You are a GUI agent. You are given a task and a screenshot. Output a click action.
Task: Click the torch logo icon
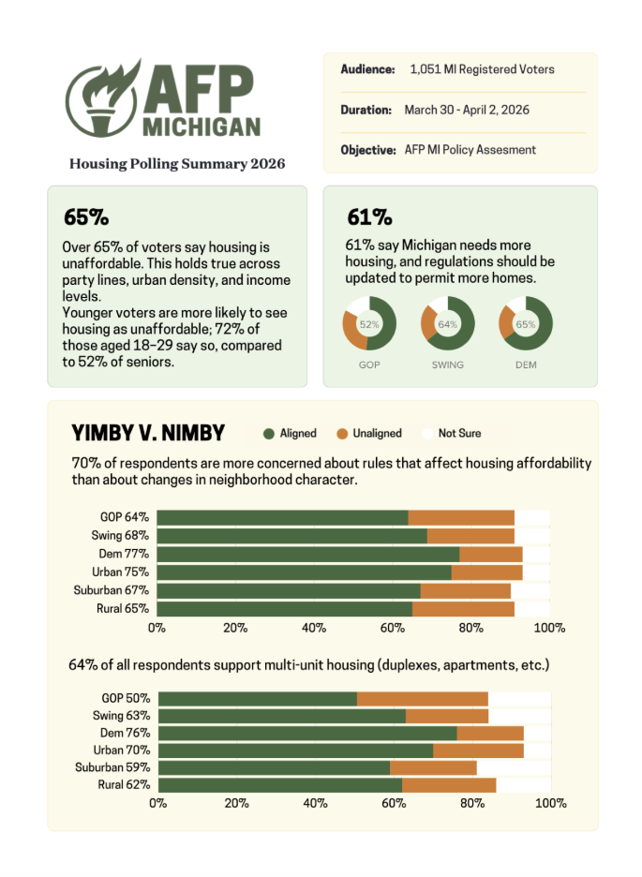coord(102,99)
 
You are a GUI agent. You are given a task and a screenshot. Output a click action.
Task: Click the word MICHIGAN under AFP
coord(202,127)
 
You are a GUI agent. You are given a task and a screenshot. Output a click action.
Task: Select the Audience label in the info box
coord(367,69)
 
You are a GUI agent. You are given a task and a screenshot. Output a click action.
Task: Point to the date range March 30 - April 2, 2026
coord(467,110)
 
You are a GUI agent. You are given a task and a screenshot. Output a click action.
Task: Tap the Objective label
coord(368,150)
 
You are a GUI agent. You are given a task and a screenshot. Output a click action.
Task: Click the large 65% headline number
coord(86,217)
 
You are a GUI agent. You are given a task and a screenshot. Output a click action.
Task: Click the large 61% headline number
coord(369,217)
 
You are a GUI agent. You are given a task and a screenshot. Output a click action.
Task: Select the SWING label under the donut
coord(447,364)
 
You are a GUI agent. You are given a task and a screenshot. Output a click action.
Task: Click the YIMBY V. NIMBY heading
coord(148,433)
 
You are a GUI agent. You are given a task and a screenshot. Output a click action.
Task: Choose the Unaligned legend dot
coord(342,434)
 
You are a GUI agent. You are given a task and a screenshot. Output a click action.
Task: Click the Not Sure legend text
coord(459,433)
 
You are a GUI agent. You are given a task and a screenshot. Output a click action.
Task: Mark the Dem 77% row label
coord(124,554)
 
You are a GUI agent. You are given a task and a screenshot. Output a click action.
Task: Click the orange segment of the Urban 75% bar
coord(486,572)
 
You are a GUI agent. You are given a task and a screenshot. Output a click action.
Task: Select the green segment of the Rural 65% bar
coord(285,609)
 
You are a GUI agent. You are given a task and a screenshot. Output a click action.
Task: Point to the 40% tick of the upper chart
coord(314,628)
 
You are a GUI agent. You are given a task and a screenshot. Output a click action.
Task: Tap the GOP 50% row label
coord(126,698)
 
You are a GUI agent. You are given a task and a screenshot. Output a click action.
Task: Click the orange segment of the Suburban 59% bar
coord(433,767)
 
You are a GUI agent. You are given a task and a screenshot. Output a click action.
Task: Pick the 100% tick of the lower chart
coord(551,803)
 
